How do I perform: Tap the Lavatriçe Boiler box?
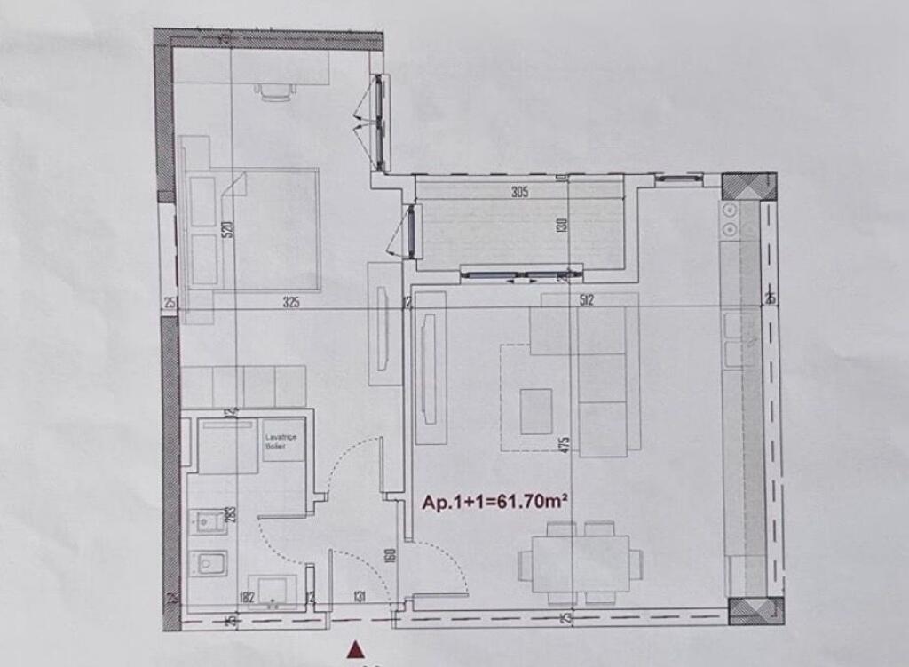click(280, 441)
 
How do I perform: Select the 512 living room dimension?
click(586, 300)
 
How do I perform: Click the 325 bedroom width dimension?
click(291, 302)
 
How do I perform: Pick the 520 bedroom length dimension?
click(228, 229)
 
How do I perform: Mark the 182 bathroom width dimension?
click(248, 598)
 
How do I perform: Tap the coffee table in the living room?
click(536, 410)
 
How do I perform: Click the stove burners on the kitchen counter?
click(731, 219)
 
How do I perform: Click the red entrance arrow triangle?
click(357, 650)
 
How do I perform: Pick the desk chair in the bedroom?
click(273, 91)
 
